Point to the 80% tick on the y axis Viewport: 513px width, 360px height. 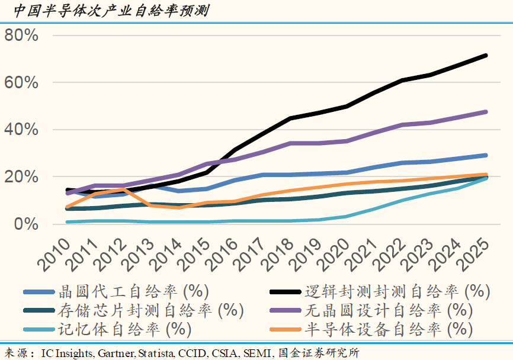click(x=22, y=36)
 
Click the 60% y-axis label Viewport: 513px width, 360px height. click(x=22, y=82)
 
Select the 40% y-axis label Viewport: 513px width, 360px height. click(x=22, y=130)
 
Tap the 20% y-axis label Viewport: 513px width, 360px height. click(x=22, y=177)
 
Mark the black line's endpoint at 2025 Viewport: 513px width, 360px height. click(x=486, y=56)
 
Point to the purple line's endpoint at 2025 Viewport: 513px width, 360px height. click(x=486, y=112)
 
